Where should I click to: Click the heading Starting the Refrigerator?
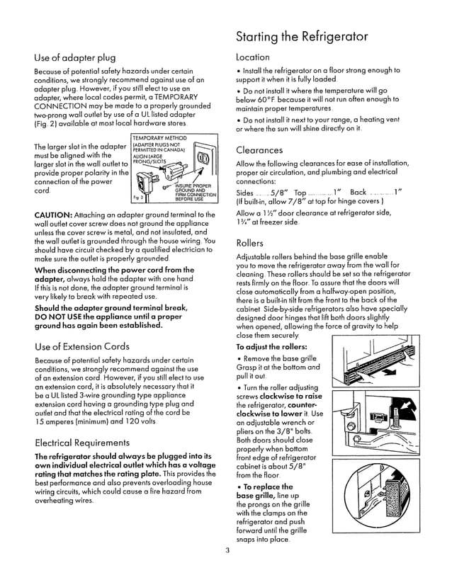click(301, 36)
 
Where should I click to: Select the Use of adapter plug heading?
click(75, 57)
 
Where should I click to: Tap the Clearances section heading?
click(259, 150)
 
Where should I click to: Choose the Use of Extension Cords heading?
click(82, 346)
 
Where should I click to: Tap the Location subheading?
click(253, 57)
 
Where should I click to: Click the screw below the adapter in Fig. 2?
click(165, 189)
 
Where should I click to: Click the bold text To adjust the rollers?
click(271, 348)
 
